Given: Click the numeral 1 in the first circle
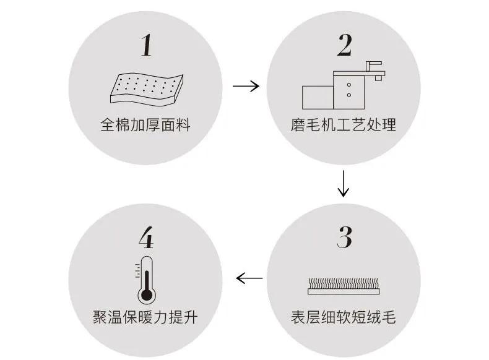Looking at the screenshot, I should click(x=145, y=45).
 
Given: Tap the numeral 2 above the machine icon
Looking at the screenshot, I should click(x=345, y=45).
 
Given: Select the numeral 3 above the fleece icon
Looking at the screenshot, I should click(x=345, y=238).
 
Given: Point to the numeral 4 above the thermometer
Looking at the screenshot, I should click(x=145, y=238).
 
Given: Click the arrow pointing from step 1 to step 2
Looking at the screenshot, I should click(x=246, y=86).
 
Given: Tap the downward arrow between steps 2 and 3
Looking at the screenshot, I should click(x=344, y=183).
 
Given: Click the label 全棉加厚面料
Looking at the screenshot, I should click(x=145, y=126).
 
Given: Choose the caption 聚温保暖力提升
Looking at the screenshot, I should click(x=145, y=318).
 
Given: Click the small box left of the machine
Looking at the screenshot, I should click(x=317, y=96).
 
